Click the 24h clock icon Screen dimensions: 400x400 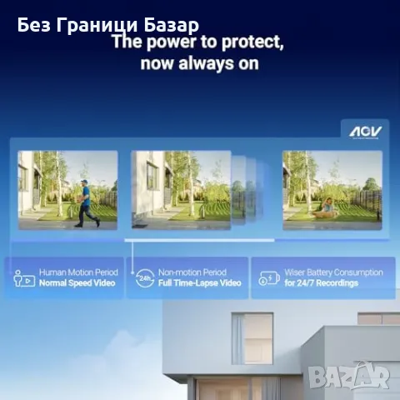[144, 277]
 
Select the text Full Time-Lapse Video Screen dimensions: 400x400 [199, 283]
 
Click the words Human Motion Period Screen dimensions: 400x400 [78, 272]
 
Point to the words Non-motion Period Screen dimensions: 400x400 [193, 272]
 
